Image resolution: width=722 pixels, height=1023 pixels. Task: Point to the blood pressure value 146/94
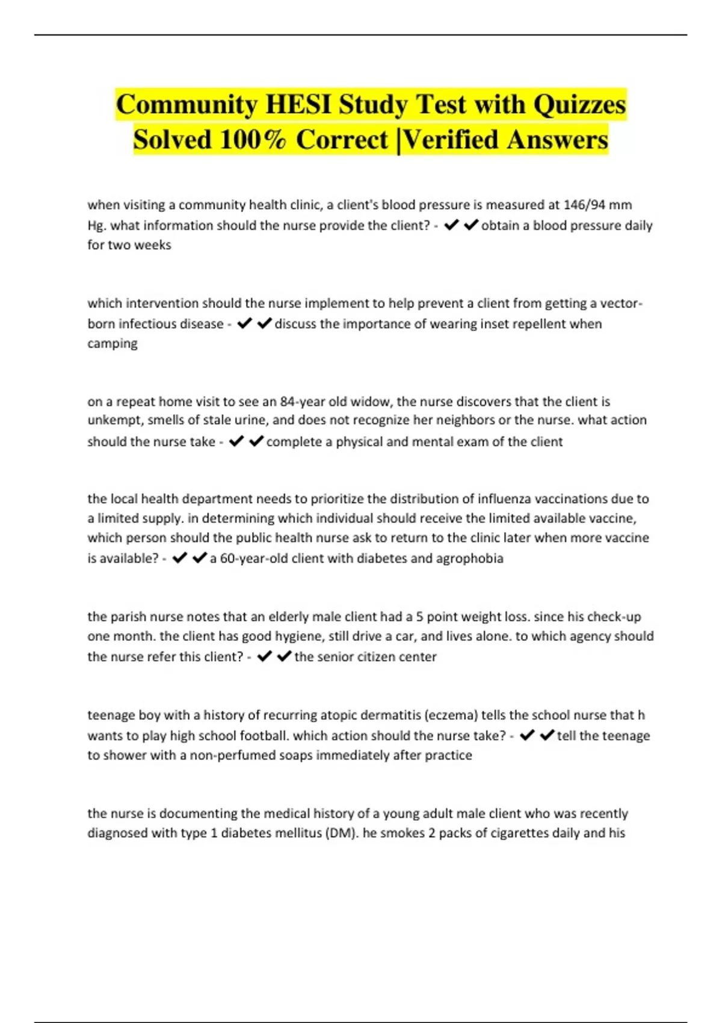point(584,205)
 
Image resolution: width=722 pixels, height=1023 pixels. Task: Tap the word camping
point(113,344)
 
